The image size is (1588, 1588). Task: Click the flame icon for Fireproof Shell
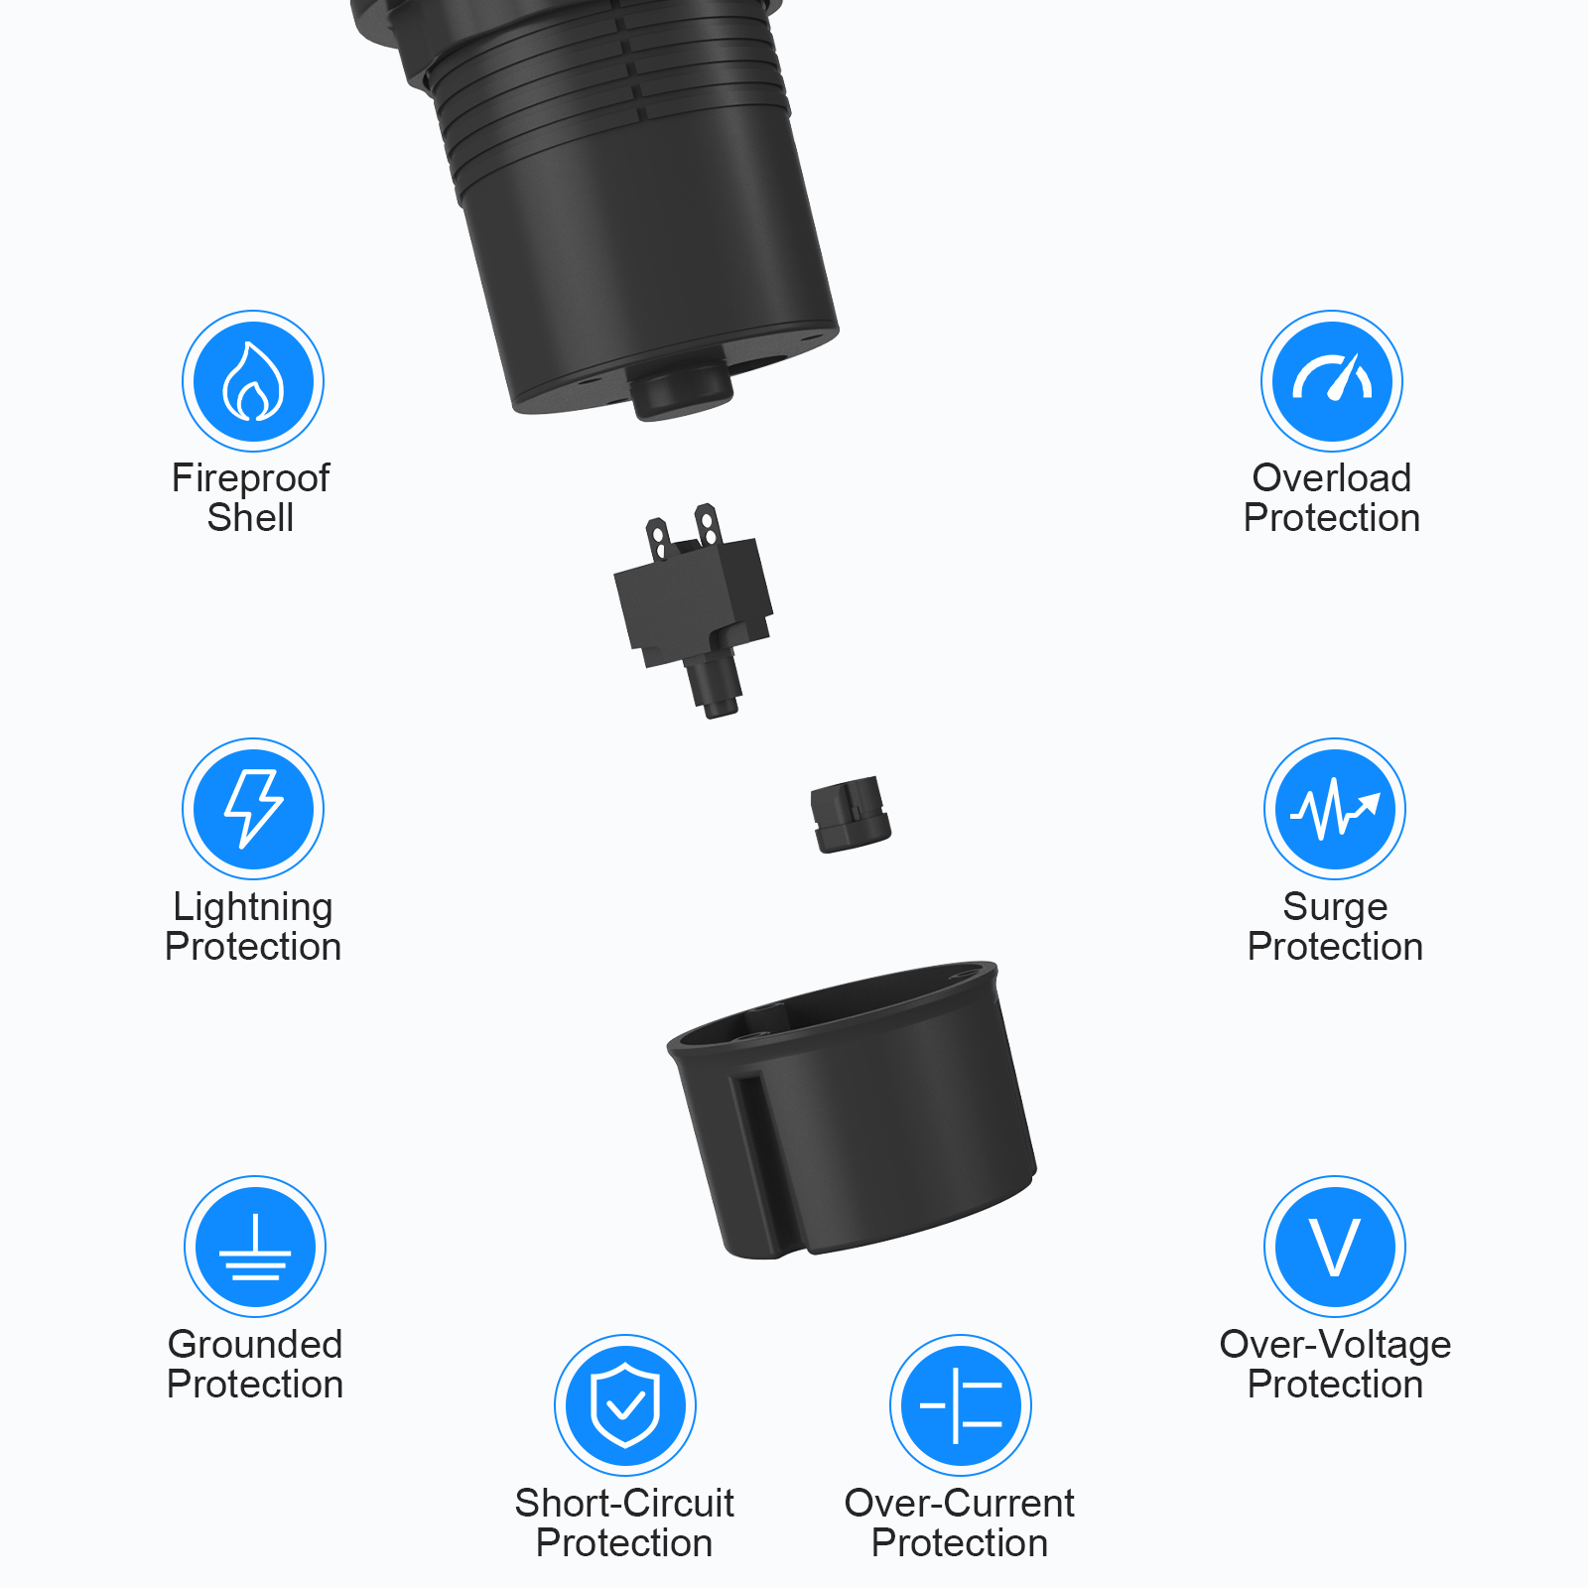coord(253,381)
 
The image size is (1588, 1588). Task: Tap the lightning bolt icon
coord(253,809)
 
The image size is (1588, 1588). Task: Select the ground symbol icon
coord(255,1247)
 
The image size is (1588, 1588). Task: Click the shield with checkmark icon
coord(625,1405)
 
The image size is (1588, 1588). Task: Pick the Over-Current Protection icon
coord(961,1405)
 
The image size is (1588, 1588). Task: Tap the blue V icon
coord(1335,1247)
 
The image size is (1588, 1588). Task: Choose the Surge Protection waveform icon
coord(1335,809)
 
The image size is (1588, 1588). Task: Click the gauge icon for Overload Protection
coord(1332,381)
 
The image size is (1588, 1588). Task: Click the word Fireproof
coord(250,478)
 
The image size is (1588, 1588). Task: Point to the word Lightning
coord(253,907)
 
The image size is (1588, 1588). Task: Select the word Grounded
coord(255,1345)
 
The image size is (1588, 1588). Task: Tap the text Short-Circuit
coord(624,1504)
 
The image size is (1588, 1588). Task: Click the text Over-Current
coord(960,1504)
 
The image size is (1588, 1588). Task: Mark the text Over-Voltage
coord(1335,1345)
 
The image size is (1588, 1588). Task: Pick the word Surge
coord(1335,907)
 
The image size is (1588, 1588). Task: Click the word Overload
coord(1332,478)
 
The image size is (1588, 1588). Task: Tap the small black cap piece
coord(850,815)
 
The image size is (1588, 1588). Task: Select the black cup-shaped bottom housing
coord(854,1112)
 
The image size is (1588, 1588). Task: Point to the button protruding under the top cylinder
coord(681,393)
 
